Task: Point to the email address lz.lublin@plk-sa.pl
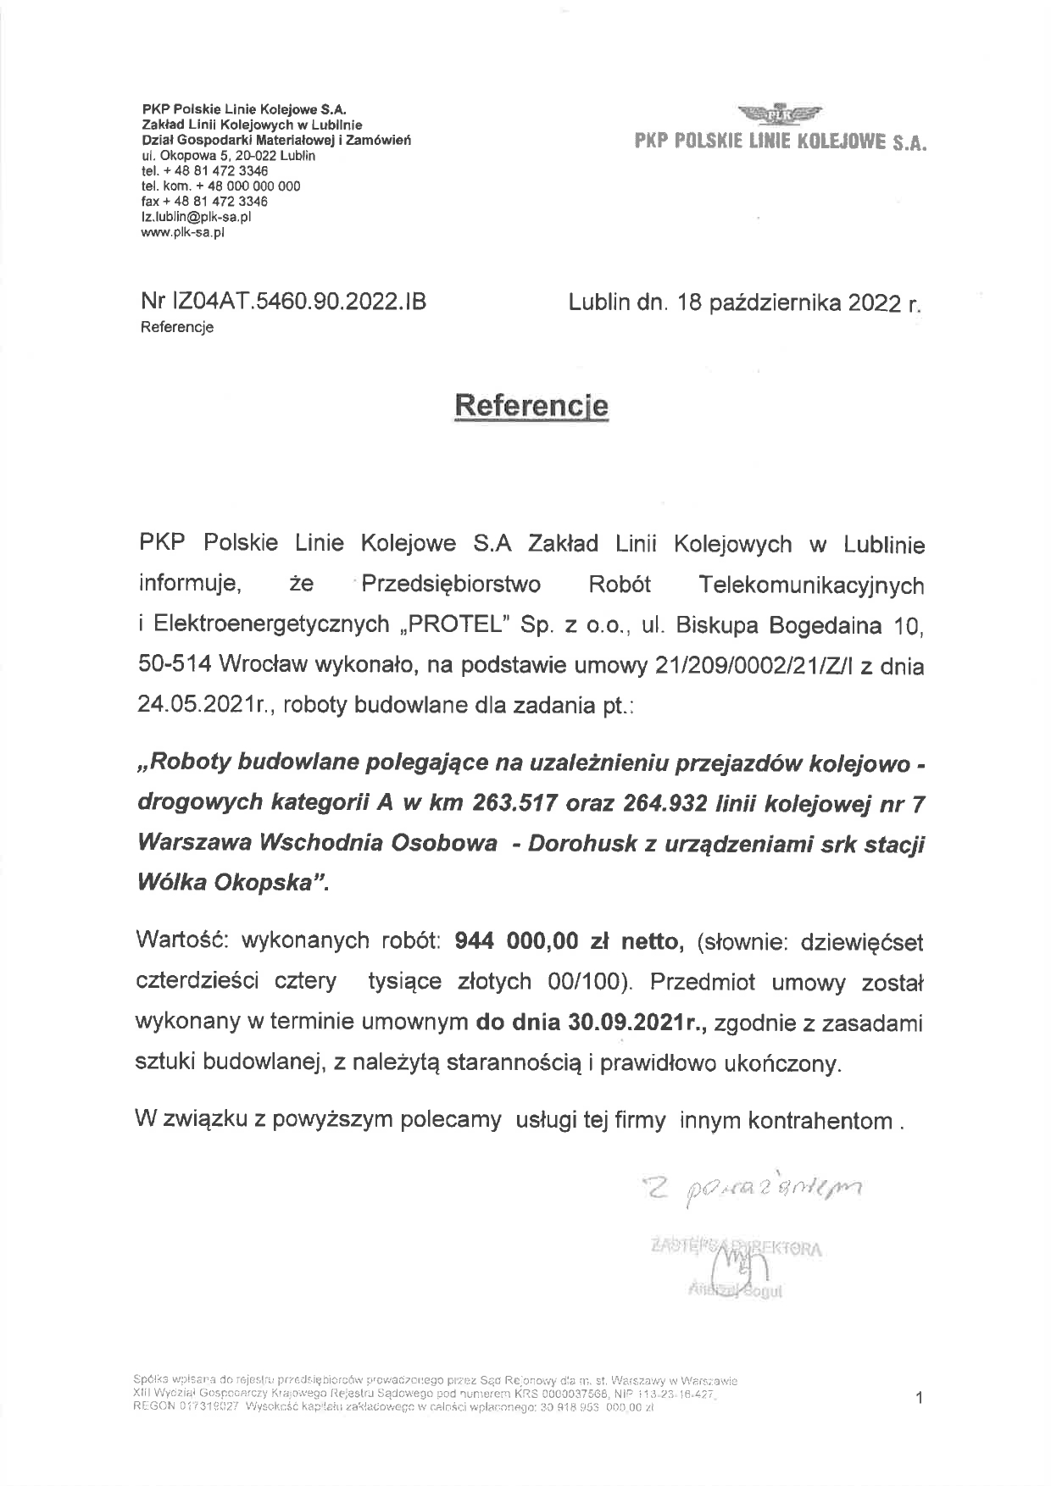(196, 217)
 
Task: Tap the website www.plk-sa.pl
(183, 232)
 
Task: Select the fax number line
(204, 202)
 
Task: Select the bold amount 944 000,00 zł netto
(569, 940)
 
